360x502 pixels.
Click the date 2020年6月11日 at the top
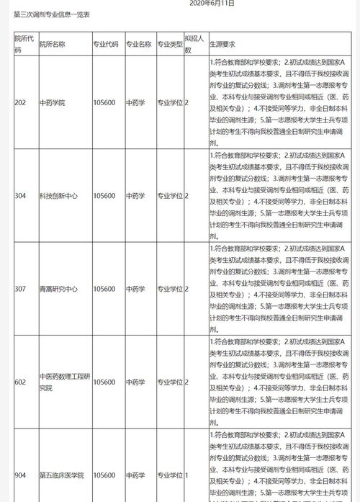[211, 4]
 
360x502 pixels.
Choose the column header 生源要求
[223, 43]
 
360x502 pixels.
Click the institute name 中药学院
[53, 102]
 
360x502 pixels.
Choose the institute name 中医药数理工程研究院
[63, 382]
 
